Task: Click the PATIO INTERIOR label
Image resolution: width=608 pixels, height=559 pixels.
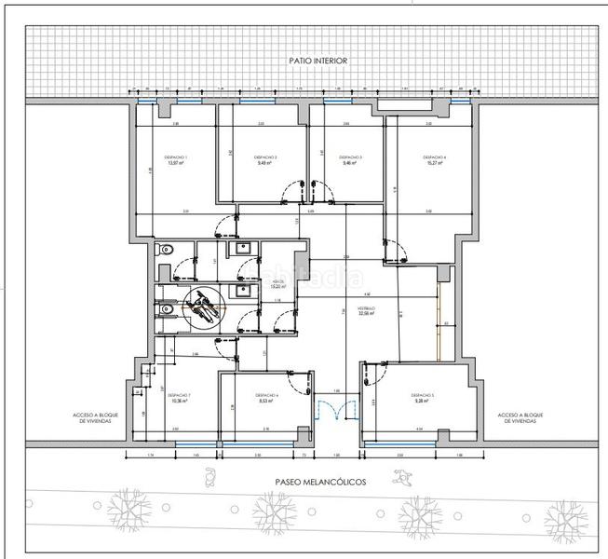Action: [318, 61]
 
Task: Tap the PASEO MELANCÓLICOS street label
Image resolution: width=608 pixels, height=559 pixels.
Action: [320, 483]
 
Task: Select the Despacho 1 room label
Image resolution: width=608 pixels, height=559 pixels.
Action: [176, 159]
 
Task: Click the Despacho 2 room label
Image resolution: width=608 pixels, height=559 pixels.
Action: [267, 159]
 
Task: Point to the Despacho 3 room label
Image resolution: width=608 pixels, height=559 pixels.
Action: [350, 159]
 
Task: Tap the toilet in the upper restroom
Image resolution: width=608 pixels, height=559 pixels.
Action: [163, 250]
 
